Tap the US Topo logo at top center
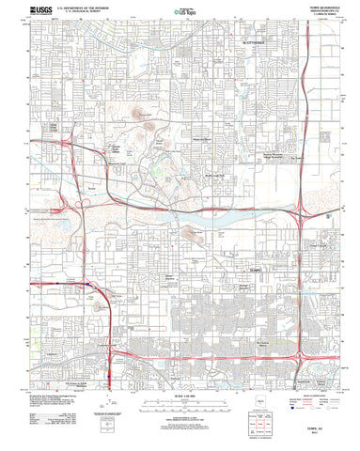tap(180, 15)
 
